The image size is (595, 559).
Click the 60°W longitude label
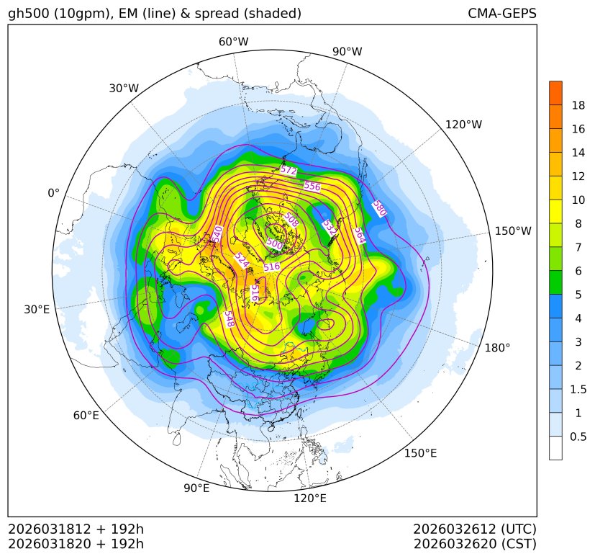pos(233,42)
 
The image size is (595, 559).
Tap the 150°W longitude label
pos(513,231)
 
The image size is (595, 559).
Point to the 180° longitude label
pos(497,348)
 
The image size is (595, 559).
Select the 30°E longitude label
pos(37,310)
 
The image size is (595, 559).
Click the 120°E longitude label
pos(310,498)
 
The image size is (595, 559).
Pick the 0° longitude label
pos(53,193)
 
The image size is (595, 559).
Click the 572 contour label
pos(289,171)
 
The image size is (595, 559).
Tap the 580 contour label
pos(379,209)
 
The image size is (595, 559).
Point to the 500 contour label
pos(275,243)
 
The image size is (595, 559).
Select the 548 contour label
pos(229,318)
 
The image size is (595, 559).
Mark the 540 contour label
pos(217,234)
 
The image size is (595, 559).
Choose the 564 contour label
pos(359,236)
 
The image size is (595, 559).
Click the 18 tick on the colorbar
pos(578,105)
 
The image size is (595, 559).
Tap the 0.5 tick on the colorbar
pos(578,437)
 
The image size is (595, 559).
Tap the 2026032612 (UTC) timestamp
pos(475,529)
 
